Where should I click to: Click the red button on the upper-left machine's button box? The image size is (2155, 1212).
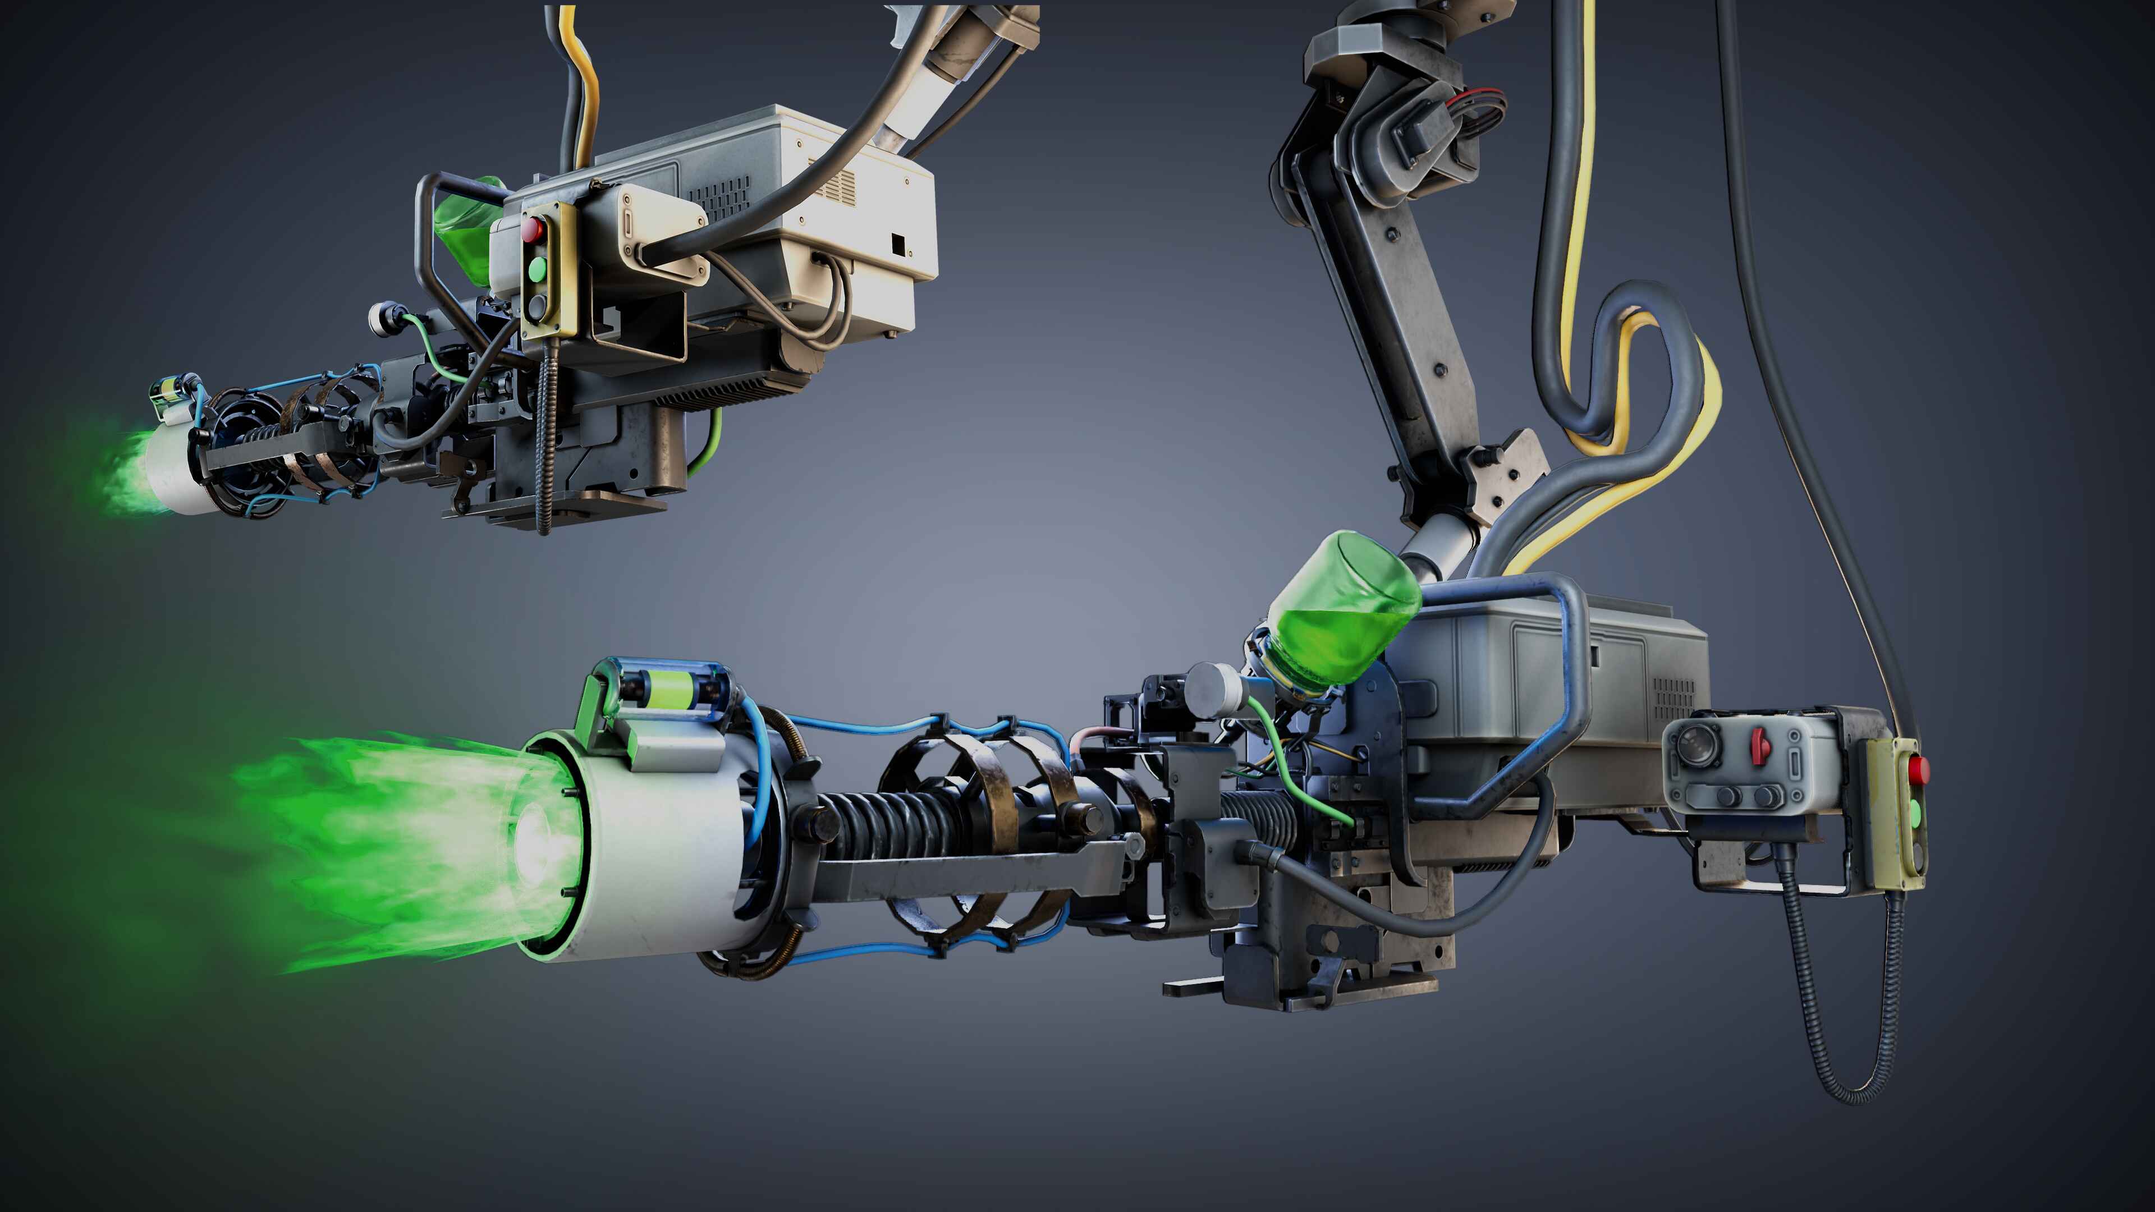click(x=533, y=228)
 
